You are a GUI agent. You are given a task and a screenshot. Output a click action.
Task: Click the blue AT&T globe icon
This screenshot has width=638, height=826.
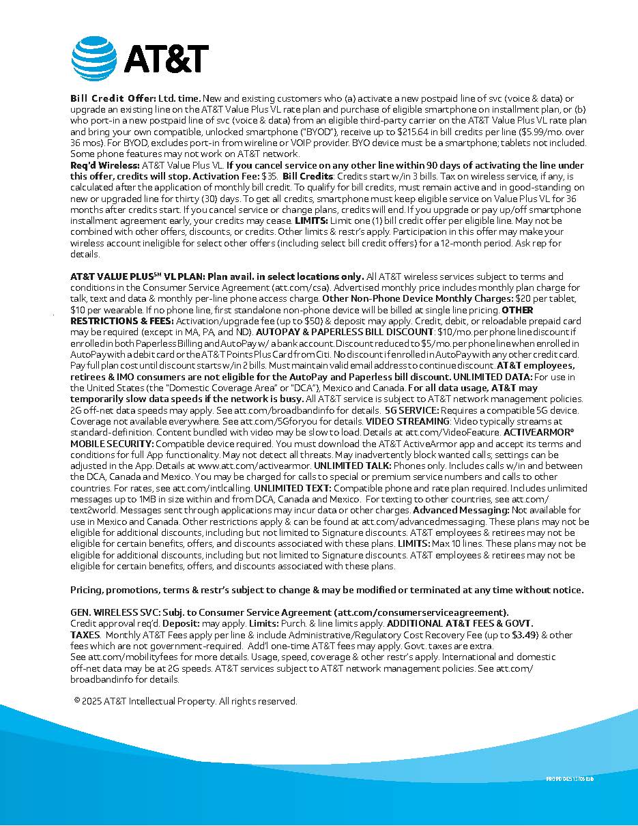(94, 57)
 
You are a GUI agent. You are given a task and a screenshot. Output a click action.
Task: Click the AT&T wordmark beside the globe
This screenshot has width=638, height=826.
(166, 58)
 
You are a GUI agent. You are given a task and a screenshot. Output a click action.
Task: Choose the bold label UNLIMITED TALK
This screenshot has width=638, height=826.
(352, 466)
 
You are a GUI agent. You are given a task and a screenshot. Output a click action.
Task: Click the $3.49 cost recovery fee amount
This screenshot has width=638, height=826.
(520, 635)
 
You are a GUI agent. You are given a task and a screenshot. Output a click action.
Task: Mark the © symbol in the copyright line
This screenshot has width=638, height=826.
(77, 701)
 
